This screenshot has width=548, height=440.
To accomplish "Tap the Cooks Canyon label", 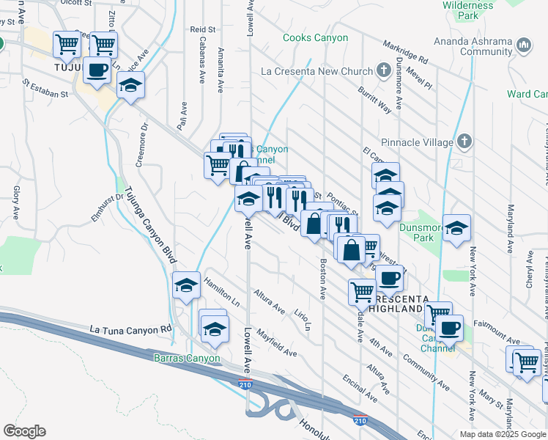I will pos(315,37).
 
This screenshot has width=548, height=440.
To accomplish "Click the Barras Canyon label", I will pos(187,359).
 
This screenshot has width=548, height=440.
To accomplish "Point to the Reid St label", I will pos(204,29).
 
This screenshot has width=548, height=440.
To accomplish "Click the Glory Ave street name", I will pos(16,203).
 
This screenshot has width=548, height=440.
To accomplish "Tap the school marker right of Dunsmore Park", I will pos(456,229).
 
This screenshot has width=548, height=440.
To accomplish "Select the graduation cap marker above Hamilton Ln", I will pos(187,285).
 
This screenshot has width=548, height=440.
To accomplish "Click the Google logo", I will pos(24,431).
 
